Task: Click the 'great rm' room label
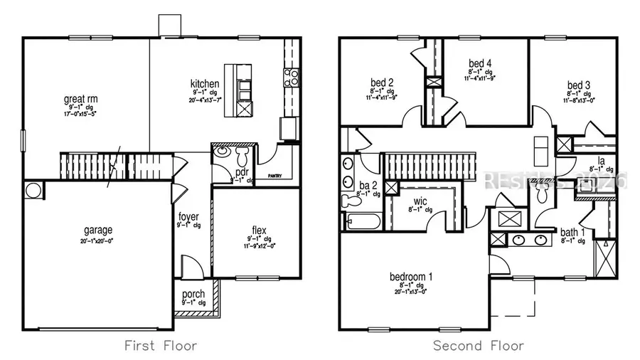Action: click(x=80, y=99)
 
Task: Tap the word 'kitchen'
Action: click(x=204, y=84)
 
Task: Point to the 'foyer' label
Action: click(x=188, y=216)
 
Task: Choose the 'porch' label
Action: click(x=193, y=294)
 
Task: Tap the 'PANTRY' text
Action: click(x=277, y=175)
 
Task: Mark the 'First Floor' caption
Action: click(x=160, y=346)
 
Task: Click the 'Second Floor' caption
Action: click(x=479, y=346)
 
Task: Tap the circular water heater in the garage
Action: click(x=33, y=191)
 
